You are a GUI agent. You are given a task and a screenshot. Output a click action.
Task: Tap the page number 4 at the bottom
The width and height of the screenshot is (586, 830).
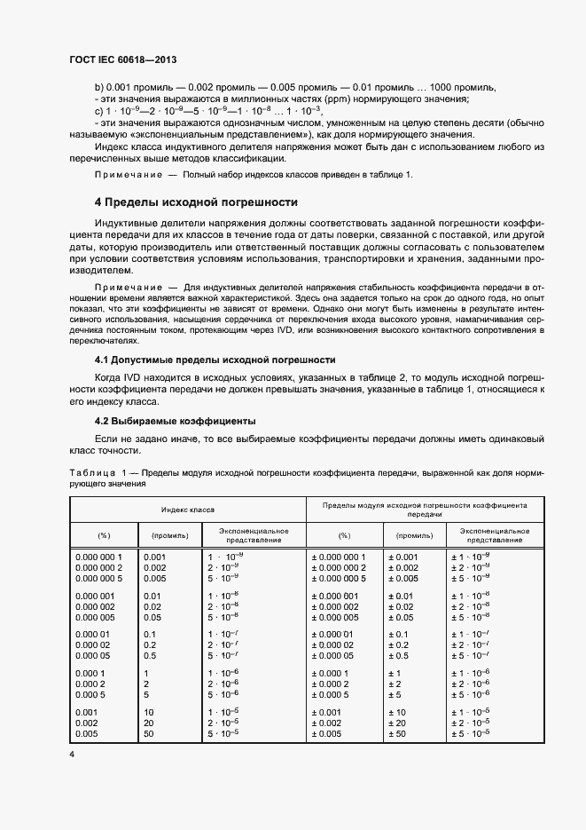pos(72,755)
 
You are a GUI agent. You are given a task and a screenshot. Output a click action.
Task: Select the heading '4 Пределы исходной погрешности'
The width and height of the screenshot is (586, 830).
pos(195,202)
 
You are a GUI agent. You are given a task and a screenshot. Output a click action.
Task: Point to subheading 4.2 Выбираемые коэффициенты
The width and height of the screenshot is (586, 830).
pos(175,420)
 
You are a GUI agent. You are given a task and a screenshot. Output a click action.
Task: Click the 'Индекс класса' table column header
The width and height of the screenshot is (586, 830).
pos(188,510)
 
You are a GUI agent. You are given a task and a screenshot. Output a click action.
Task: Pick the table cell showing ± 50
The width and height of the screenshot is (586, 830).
pos(395,734)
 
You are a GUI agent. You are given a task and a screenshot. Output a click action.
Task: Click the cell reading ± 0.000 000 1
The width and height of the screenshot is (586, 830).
pos(340,557)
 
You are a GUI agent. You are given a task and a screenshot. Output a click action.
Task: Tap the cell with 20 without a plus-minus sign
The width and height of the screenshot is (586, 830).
pos(149,723)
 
